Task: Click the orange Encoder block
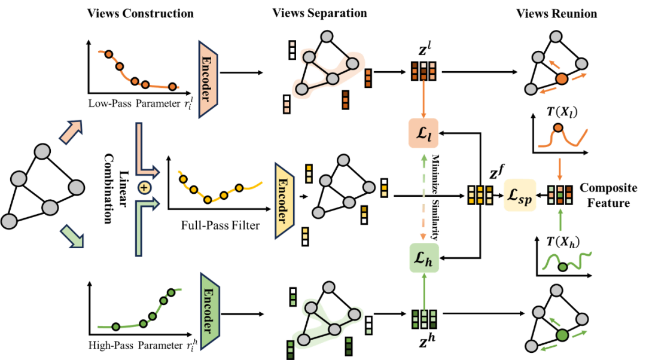[208, 79]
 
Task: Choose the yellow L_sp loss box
[520, 195]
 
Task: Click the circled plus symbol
[144, 188]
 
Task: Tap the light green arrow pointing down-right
[72, 236]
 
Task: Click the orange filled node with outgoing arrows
[561, 78]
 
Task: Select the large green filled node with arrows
[562, 335]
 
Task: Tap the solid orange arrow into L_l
[423, 99]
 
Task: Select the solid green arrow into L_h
[423, 291]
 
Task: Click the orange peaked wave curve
[562, 137]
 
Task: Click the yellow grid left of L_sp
[480, 196]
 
